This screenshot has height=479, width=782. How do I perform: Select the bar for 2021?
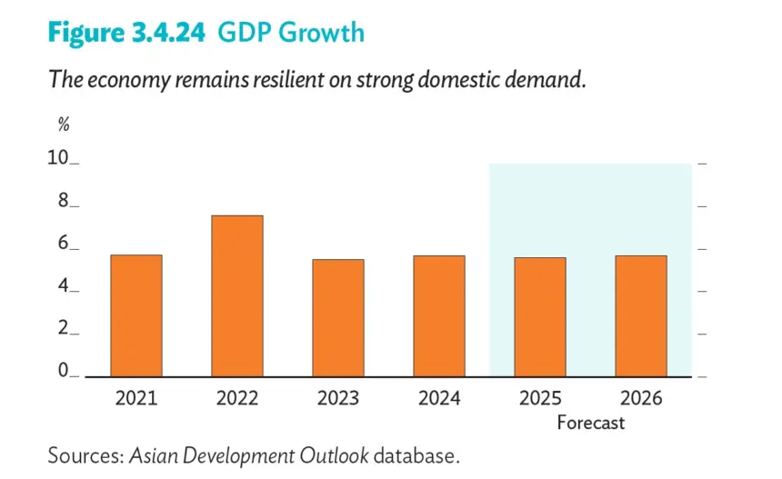136,315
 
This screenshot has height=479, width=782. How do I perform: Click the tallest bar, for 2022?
237,296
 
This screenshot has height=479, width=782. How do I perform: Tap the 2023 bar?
338,318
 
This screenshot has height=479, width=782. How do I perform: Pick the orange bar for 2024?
439,316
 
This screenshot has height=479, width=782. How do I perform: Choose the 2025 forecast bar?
540,317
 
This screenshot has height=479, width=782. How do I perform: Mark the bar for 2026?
641,316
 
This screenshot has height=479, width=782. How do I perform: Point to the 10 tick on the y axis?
58,157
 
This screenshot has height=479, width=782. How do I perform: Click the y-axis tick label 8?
63,200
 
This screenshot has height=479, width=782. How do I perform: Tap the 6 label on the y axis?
63,243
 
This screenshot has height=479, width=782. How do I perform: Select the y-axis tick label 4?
63,285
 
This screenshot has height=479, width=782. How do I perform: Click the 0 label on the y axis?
63,370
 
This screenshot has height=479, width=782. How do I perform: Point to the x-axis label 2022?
237,398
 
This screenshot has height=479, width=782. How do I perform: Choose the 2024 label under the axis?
439,398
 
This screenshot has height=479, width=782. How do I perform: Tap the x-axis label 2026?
641,398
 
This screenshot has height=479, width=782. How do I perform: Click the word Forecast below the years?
590,423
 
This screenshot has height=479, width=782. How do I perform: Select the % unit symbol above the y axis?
64,125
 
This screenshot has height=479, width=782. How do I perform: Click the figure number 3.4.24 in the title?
168,33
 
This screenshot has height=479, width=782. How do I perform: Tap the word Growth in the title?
321,33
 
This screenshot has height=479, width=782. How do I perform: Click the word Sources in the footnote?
85,455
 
